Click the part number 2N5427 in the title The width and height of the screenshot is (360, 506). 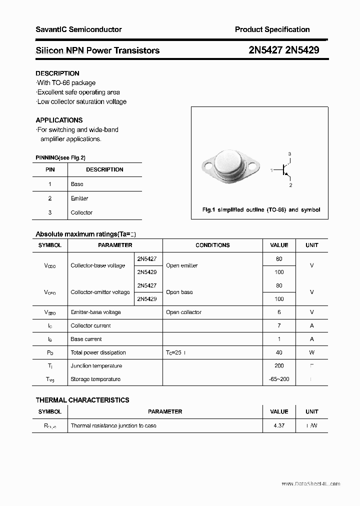coord(266,50)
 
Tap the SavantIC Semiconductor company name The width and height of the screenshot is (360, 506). coord(78,29)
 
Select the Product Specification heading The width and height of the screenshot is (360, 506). coord(272,29)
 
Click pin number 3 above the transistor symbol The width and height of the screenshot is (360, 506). coord(289,153)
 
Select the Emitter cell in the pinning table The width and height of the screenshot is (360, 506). coord(79,198)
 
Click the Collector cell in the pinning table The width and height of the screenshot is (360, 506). coord(81,212)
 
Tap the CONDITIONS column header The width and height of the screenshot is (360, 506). coord(212,245)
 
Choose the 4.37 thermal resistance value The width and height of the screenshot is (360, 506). coord(279,426)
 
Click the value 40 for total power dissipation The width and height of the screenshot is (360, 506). coord(279,352)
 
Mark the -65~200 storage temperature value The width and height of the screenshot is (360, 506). coord(279,379)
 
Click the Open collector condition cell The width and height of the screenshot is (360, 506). coord(183,312)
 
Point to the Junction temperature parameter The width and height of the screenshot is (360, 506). coord(96,366)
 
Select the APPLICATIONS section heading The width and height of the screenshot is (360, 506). coord(59,120)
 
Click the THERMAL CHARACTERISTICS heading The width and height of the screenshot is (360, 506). coord(82,400)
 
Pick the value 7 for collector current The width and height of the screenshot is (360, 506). coord(279,325)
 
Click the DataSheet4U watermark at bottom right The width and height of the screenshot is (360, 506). coord(310,484)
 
